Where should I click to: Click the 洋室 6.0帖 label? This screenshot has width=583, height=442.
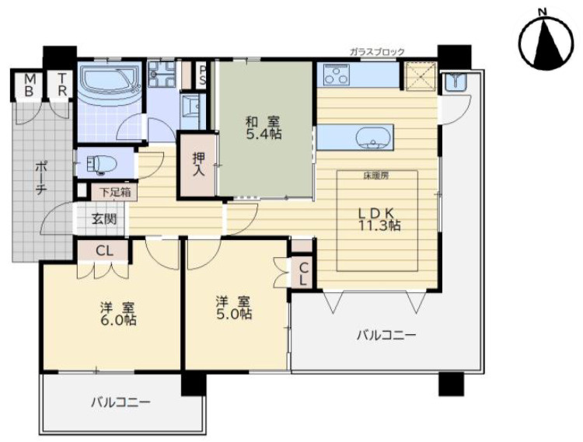[x=117, y=312]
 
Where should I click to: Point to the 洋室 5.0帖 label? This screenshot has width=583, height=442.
[x=233, y=307]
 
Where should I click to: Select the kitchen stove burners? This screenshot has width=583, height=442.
[x=340, y=76]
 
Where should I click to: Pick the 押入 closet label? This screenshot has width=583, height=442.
[x=198, y=163]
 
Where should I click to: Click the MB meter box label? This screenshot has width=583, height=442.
[x=29, y=84]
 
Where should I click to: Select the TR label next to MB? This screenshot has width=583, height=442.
[x=61, y=84]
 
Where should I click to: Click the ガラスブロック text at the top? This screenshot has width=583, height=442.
[x=377, y=52]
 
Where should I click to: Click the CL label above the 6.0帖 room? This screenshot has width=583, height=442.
[x=103, y=250]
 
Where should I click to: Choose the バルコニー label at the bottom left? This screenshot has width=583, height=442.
[x=120, y=402]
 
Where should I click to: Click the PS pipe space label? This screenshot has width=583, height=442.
[x=203, y=75]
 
